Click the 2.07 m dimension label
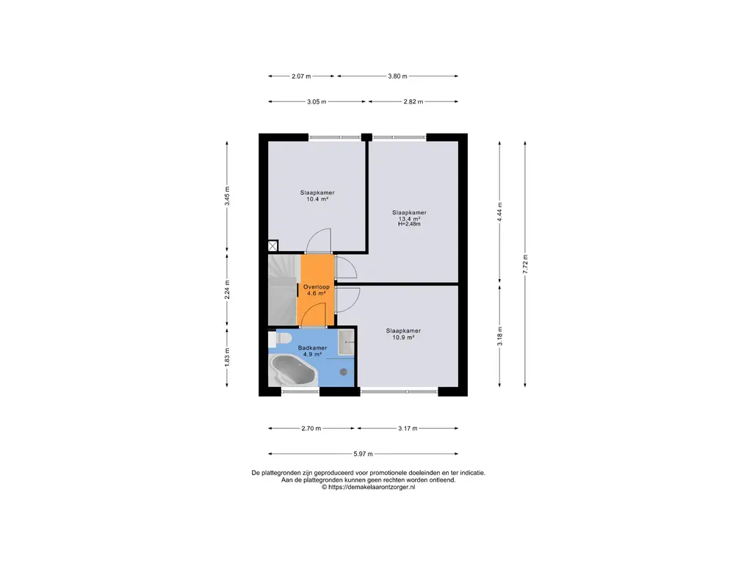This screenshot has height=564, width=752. tap(301, 76)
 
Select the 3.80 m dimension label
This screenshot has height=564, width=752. tap(397, 76)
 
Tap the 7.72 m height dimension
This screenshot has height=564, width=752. tap(525, 264)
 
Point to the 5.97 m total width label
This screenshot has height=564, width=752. tap(363, 454)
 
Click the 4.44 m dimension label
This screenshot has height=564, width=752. tap(499, 212)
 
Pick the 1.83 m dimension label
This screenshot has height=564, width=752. tap(228, 358)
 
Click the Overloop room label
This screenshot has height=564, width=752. tap(317, 287)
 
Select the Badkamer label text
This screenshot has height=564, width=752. tap(312, 347)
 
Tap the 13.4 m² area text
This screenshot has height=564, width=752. tap(409, 219)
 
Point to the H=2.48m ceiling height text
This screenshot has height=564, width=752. tap(409, 224)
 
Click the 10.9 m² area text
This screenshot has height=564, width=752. tap(403, 337)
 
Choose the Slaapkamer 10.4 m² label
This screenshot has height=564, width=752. tap(317, 195)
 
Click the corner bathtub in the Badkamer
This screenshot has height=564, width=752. tap(292, 370)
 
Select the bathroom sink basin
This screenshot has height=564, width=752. tap(346, 342)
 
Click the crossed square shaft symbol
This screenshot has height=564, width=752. tap(272, 246)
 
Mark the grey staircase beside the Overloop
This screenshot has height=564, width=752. tap(283, 289)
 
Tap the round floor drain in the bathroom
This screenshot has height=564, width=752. tap(344, 372)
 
